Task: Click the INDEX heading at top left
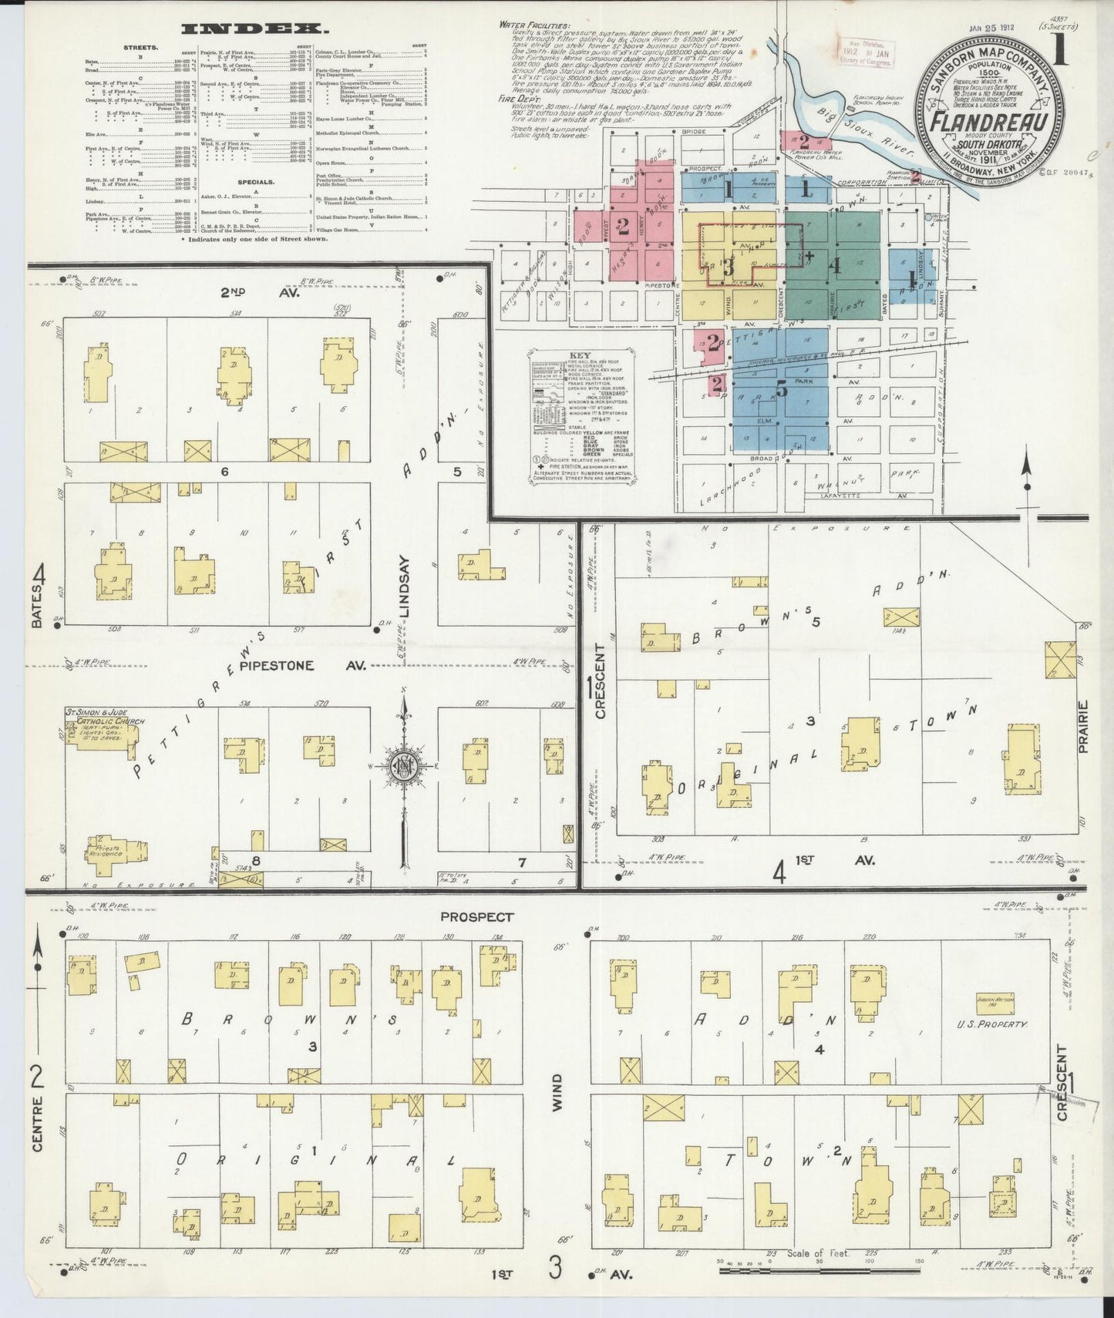251,29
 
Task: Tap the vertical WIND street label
557,1093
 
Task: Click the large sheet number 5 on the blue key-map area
782,389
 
